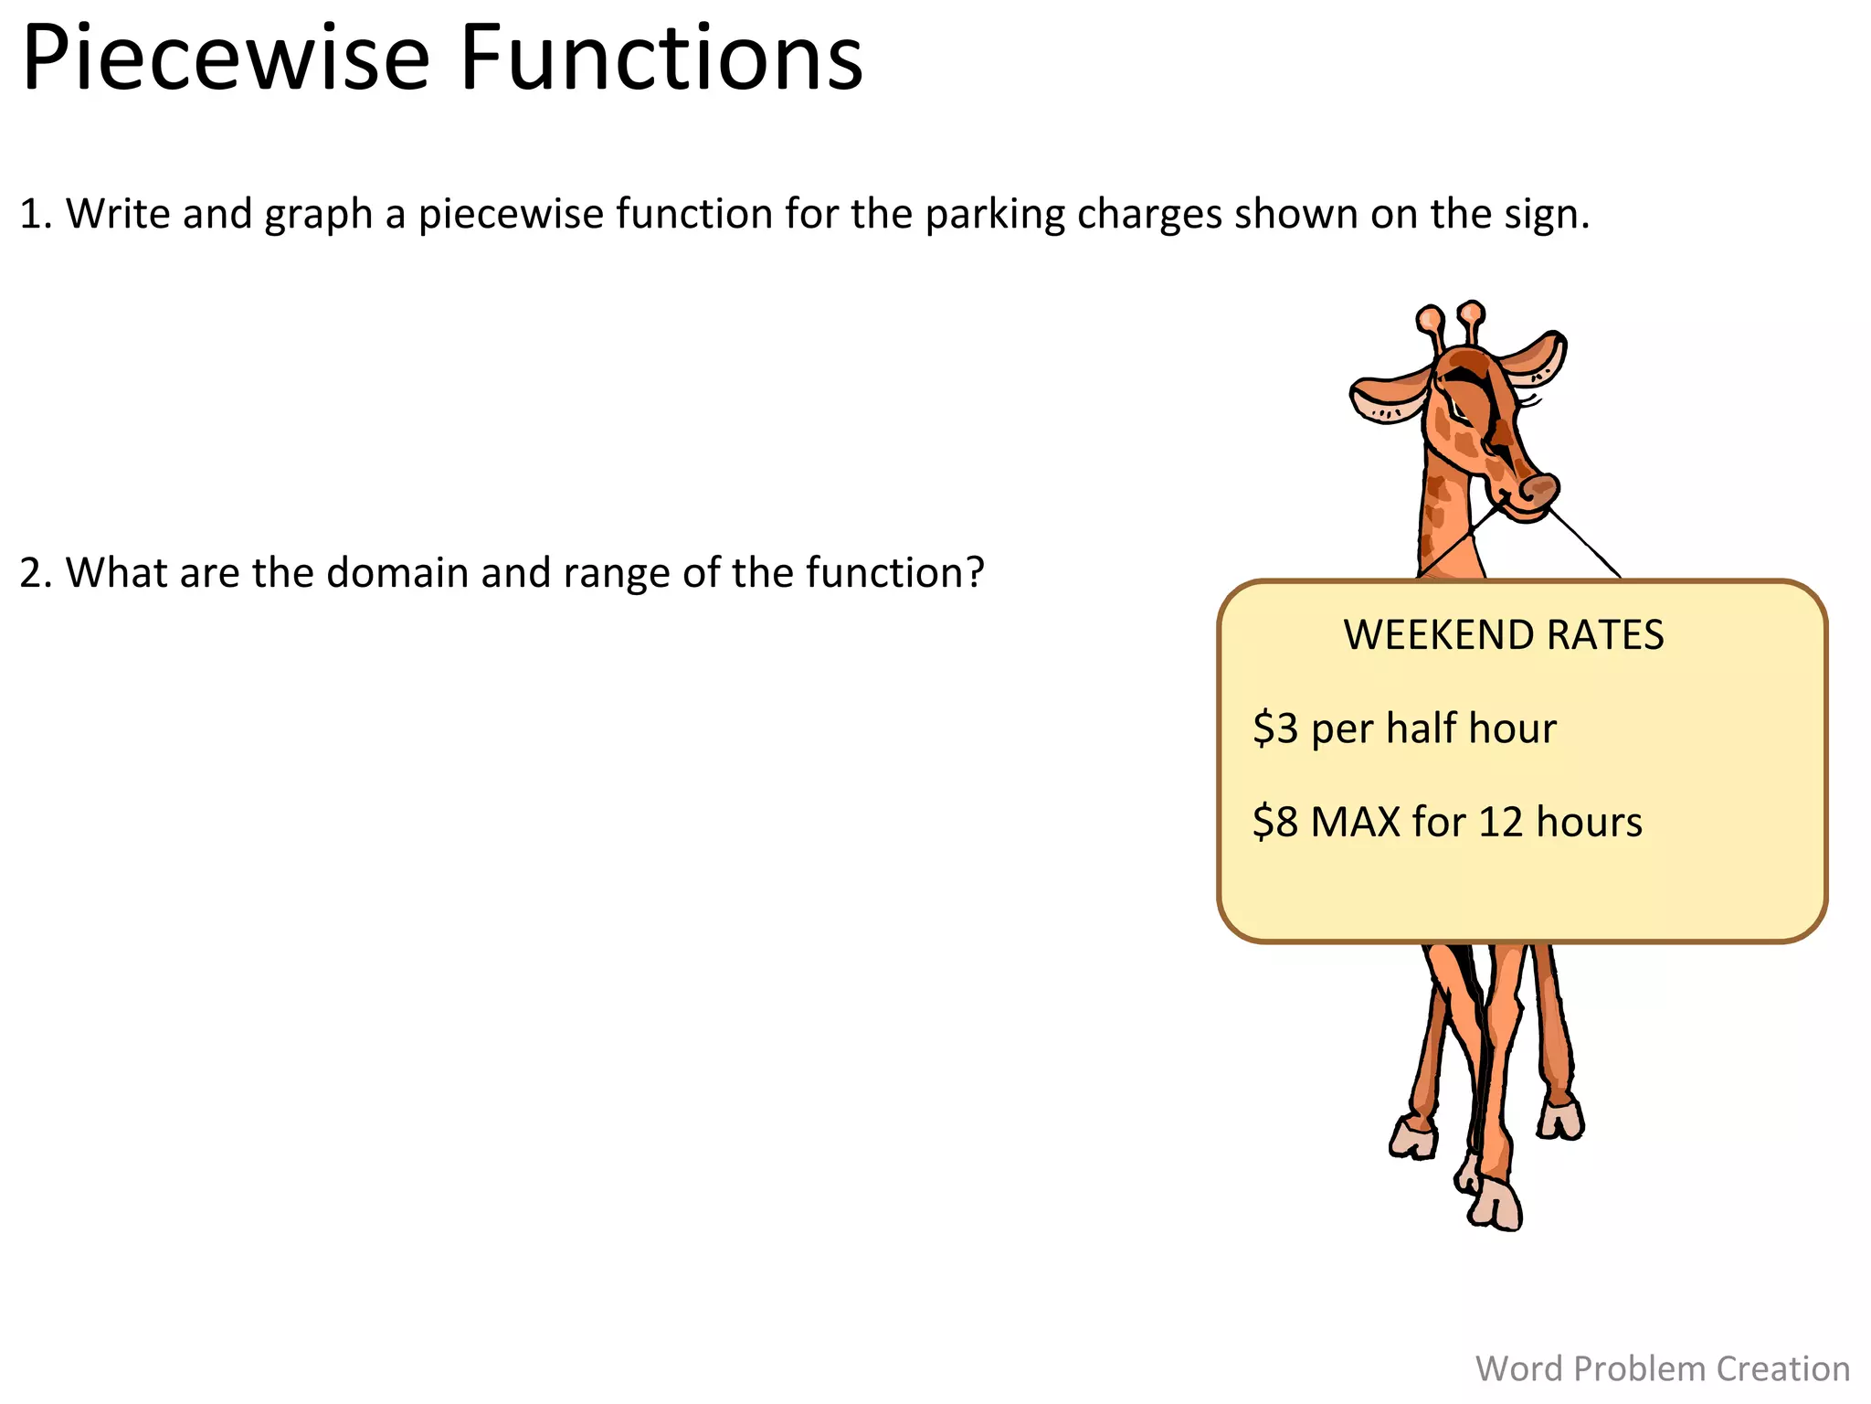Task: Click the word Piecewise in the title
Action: click(225, 59)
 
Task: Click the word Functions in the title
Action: click(661, 59)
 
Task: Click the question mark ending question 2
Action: click(975, 572)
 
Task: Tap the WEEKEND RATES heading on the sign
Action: click(1504, 635)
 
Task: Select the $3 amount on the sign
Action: click(1274, 729)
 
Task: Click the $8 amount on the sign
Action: click(1274, 822)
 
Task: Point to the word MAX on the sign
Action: click(1355, 822)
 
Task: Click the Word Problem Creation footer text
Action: click(1662, 1368)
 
